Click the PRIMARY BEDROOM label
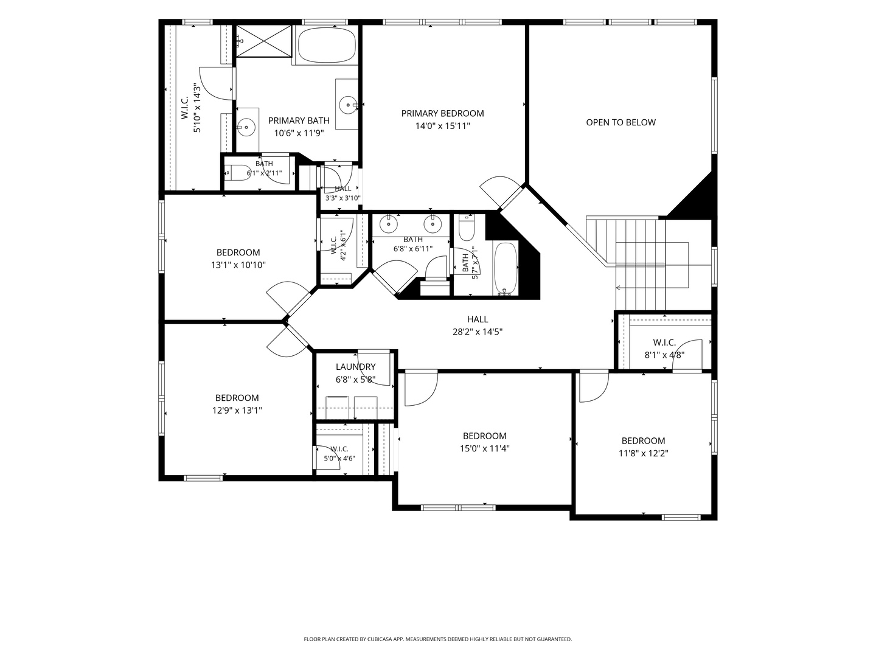click(442, 113)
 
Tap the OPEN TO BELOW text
click(620, 122)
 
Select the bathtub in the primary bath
click(327, 44)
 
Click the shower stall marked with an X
click(264, 41)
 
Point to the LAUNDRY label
click(355, 367)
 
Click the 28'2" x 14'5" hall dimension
click(478, 332)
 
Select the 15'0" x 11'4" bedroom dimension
click(484, 448)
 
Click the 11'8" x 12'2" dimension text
click(644, 453)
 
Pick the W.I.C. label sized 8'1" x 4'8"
click(664, 342)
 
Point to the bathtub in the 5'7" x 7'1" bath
click(506, 269)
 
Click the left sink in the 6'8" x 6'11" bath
click(388, 224)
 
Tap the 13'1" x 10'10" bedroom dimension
click(238, 265)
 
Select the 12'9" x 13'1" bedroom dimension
click(237, 410)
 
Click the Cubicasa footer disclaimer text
click(438, 639)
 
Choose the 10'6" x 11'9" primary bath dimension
click(299, 133)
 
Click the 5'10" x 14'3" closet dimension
click(197, 108)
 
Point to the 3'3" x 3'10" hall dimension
click(343, 198)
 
